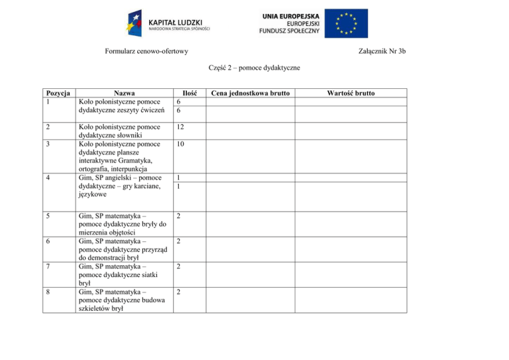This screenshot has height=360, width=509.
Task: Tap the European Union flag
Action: click(351, 24)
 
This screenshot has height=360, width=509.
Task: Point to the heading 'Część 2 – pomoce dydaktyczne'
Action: click(254, 68)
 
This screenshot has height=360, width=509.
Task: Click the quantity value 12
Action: click(181, 126)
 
